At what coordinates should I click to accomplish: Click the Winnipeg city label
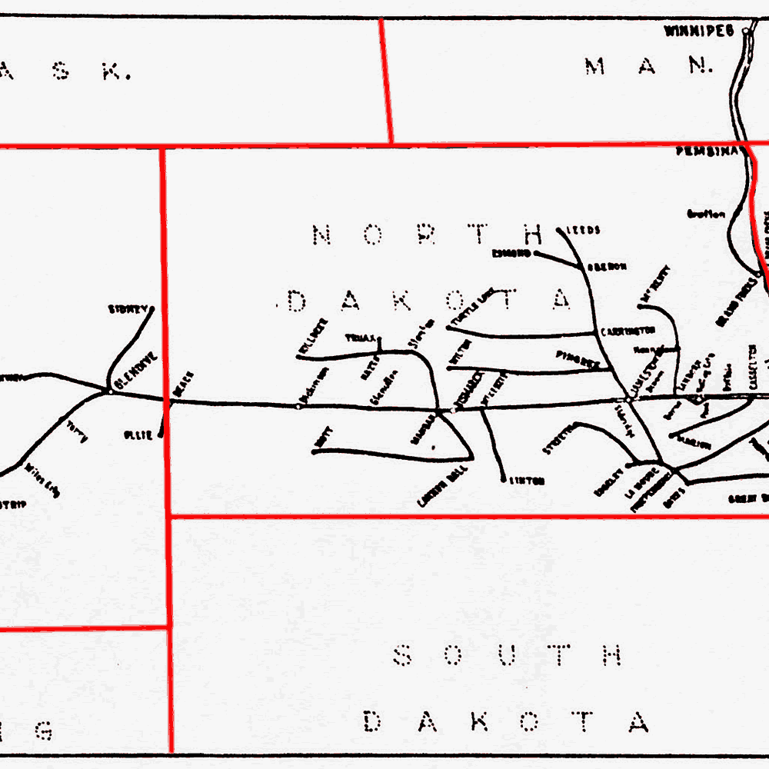click(701, 32)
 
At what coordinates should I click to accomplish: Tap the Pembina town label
click(707, 152)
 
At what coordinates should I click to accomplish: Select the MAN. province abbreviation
click(648, 66)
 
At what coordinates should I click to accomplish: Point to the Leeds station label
click(583, 230)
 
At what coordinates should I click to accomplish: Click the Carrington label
click(628, 331)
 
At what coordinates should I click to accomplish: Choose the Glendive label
click(135, 371)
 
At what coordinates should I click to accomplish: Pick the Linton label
click(528, 481)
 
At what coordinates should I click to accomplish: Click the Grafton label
click(705, 215)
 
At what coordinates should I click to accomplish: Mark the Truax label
click(360, 338)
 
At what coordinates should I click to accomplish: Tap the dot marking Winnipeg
click(745, 32)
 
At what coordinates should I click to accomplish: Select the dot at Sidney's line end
click(151, 309)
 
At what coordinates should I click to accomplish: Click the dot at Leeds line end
click(558, 229)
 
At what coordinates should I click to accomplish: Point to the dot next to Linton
click(504, 480)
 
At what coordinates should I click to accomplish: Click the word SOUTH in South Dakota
click(507, 656)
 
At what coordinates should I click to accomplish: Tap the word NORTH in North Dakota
click(428, 235)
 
